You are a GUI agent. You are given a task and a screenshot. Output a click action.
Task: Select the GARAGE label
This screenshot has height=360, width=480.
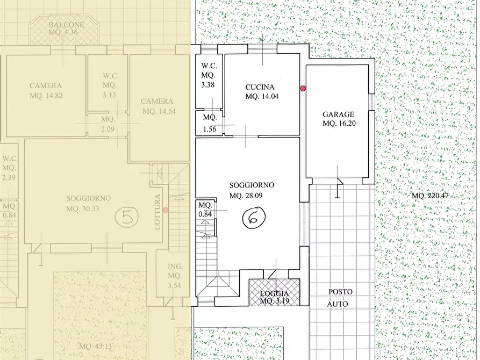338,114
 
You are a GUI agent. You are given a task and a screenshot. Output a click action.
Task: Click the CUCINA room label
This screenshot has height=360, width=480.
260,87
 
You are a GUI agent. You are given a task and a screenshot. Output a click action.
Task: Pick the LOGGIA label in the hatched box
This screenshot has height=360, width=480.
275,293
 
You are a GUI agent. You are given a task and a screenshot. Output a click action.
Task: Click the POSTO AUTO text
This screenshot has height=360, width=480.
341,298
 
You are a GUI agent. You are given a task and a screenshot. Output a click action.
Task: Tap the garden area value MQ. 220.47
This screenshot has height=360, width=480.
430,195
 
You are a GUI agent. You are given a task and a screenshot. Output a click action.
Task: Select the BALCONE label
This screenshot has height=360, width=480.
63,25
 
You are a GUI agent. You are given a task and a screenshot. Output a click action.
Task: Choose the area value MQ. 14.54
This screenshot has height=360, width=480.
157,111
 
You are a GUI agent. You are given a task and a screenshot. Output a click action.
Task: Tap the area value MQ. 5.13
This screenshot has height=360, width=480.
110,95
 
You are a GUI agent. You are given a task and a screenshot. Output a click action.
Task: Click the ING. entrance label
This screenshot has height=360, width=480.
175,267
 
